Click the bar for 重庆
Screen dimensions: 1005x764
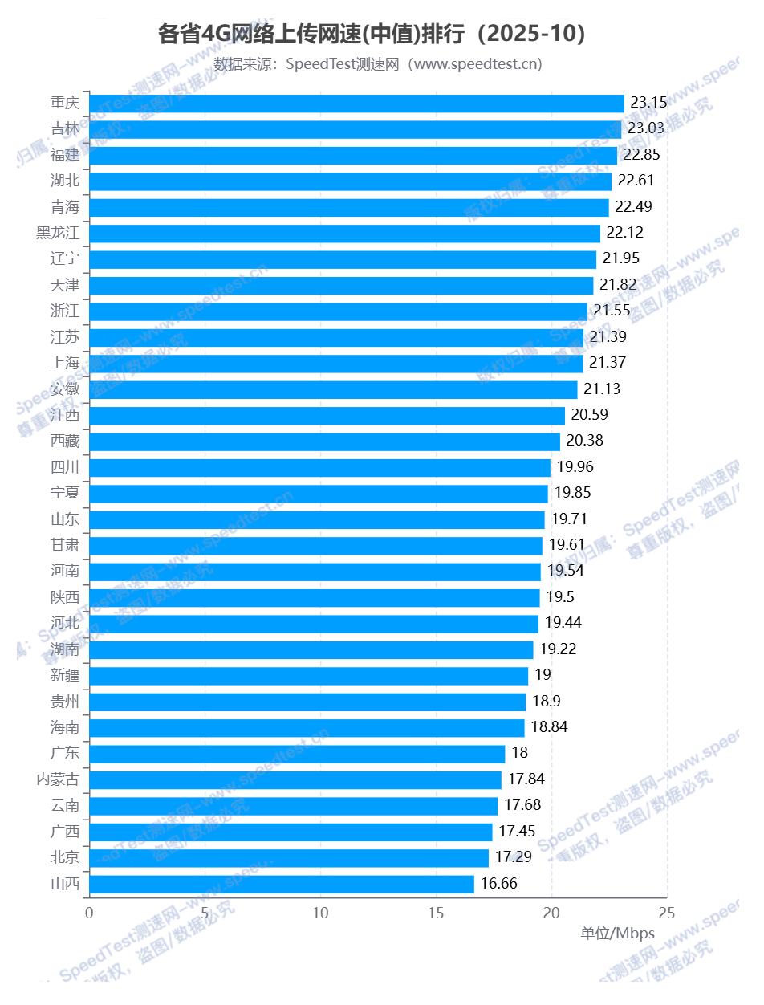[356, 103]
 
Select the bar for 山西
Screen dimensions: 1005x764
[282, 884]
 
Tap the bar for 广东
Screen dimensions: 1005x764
[297, 754]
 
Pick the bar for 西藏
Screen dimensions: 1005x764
[324, 441]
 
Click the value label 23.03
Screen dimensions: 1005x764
[646, 128]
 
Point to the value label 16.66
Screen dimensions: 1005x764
[498, 884]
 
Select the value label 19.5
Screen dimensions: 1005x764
[559, 597]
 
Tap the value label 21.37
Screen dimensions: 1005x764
[608, 363]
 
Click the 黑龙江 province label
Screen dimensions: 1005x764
[59, 233]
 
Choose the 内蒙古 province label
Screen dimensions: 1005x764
[59, 779]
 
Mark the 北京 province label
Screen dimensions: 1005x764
[65, 857]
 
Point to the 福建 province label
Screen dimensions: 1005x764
[65, 155]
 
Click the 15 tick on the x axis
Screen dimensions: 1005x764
[436, 913]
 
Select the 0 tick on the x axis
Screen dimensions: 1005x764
[89, 913]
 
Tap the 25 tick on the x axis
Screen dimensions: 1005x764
[667, 913]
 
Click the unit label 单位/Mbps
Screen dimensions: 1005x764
[618, 934]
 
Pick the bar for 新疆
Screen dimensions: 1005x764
[308, 675]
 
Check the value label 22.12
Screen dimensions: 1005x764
[625, 233]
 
